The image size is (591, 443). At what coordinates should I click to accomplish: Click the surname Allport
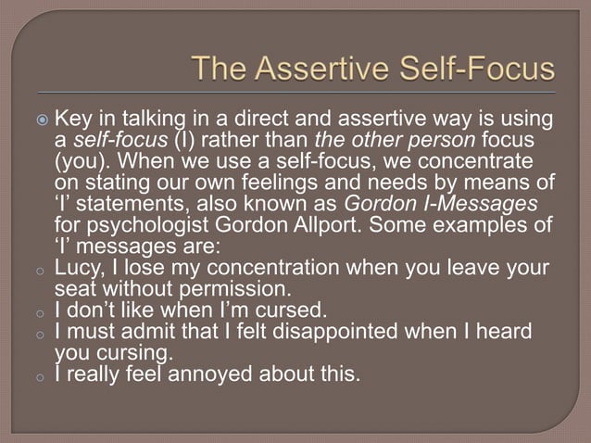(289, 226)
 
